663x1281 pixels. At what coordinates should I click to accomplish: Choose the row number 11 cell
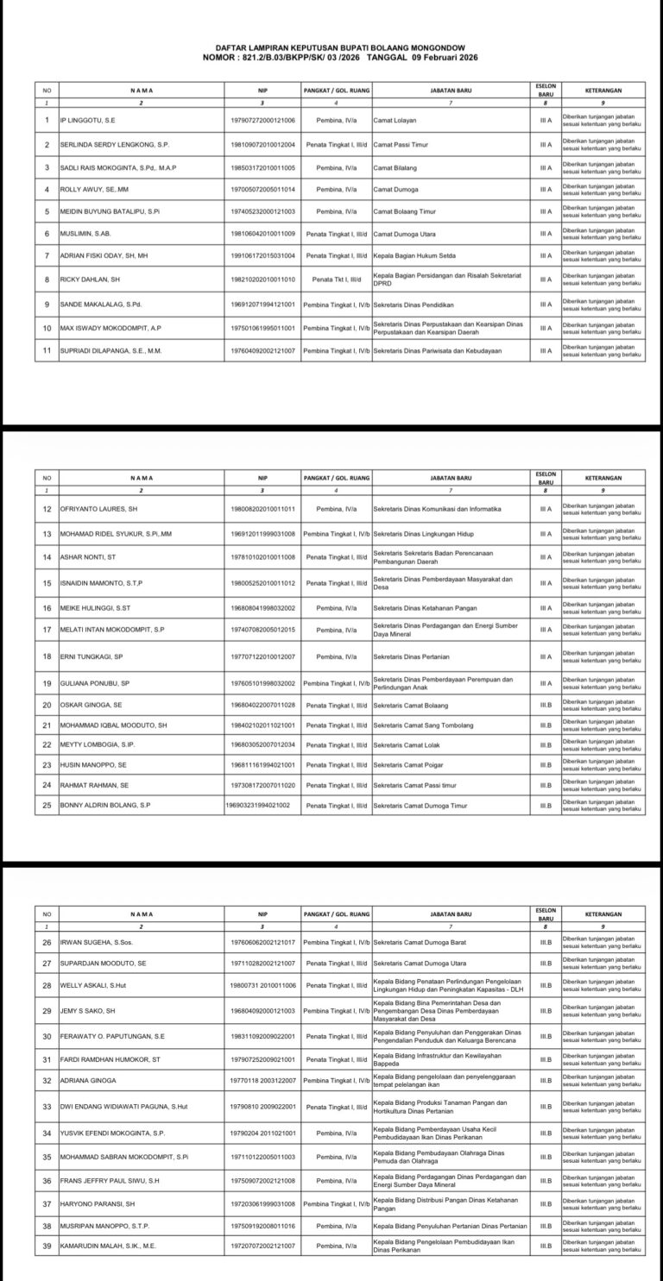tap(47, 350)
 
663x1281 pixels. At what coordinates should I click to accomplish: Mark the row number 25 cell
tap(47, 805)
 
